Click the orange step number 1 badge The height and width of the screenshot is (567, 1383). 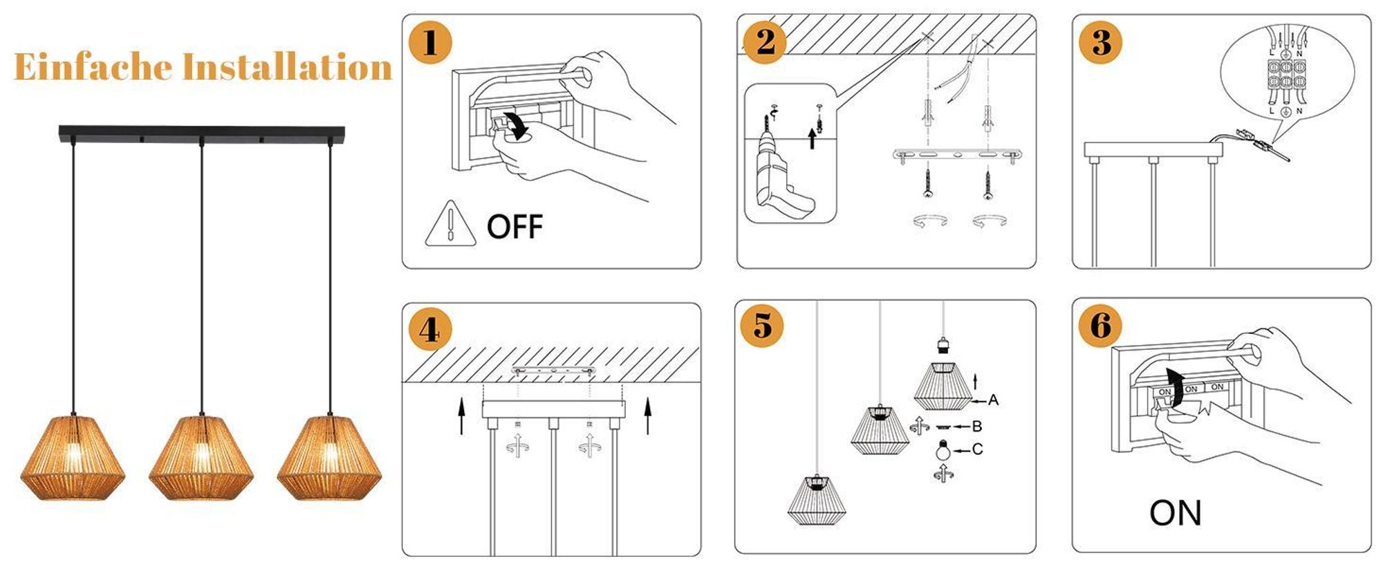[430, 43]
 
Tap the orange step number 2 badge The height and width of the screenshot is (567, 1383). [765, 42]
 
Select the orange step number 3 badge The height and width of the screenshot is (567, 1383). [1101, 42]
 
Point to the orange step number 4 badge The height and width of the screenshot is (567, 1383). [429, 329]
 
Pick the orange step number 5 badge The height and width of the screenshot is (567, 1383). [762, 324]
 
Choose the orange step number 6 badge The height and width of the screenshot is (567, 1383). [1101, 324]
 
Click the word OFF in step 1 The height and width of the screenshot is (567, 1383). [514, 227]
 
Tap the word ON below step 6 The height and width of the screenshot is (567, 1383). [1176, 513]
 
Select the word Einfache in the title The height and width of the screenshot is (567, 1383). [93, 67]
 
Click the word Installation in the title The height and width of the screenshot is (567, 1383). [287, 67]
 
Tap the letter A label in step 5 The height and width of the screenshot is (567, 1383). [993, 400]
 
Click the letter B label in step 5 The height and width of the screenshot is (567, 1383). [977, 427]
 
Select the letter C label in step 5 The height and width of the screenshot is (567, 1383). [977, 449]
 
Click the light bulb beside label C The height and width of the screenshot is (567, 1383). [940, 450]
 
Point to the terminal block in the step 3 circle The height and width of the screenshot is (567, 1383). [1285, 82]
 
